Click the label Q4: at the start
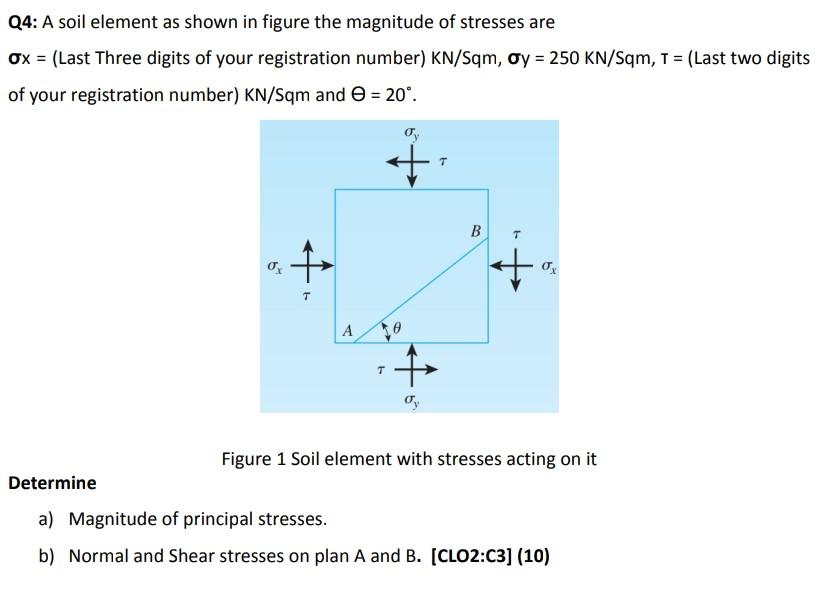point(23,21)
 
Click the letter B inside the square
point(475,232)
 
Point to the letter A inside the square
point(347,329)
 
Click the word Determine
point(52,483)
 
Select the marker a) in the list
point(47,519)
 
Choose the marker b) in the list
point(47,556)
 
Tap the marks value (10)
point(533,556)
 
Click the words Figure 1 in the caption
point(253,459)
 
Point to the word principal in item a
point(229,519)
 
